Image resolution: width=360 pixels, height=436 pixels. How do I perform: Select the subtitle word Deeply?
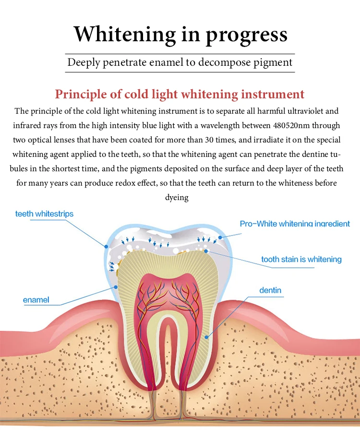(x=84, y=62)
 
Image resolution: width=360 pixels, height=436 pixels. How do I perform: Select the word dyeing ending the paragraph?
(x=177, y=198)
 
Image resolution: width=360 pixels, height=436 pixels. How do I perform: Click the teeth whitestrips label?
(x=44, y=213)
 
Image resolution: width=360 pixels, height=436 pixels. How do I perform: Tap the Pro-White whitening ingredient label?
(x=295, y=224)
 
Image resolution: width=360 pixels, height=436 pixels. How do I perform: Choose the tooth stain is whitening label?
(x=301, y=259)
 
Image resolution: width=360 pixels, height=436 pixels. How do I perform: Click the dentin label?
(x=270, y=290)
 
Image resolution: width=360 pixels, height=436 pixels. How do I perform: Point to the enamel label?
(x=36, y=300)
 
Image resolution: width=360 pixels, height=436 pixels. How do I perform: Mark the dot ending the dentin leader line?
(x=207, y=337)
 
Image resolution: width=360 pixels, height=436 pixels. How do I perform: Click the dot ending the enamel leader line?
(x=116, y=286)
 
